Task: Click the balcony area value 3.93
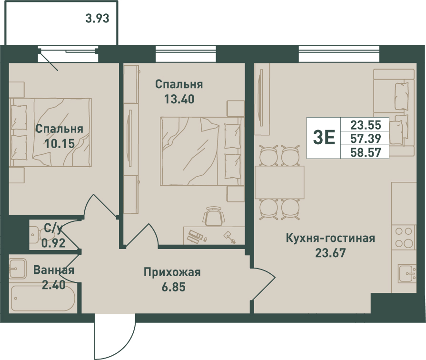pyautogui.click(x=97, y=19)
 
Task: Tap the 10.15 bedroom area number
pyautogui.click(x=59, y=143)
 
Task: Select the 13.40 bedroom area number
pyautogui.click(x=179, y=99)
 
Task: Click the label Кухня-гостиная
pyautogui.click(x=330, y=238)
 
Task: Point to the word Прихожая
pyautogui.click(x=172, y=272)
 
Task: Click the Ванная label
pyautogui.click(x=53, y=270)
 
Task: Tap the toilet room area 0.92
pyautogui.click(x=53, y=243)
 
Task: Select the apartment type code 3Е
pyautogui.click(x=324, y=138)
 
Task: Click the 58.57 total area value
pyautogui.click(x=366, y=152)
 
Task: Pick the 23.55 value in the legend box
pyautogui.click(x=366, y=125)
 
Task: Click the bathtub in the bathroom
pyautogui.click(x=43, y=298)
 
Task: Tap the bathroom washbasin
pyautogui.click(x=18, y=269)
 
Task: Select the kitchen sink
pyautogui.click(x=407, y=273)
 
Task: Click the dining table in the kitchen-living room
pyautogui.click(x=279, y=182)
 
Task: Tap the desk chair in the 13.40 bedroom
pyautogui.click(x=214, y=216)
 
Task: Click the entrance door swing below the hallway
pyautogui.click(x=115, y=336)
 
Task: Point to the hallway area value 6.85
pyautogui.click(x=174, y=287)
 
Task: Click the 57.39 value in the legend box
pyautogui.click(x=366, y=139)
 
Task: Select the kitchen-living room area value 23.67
pyautogui.click(x=330, y=253)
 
